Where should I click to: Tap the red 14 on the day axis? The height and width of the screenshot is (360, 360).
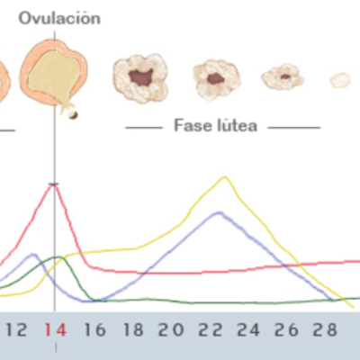click(56, 329)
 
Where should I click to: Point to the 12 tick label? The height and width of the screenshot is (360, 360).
click(16, 329)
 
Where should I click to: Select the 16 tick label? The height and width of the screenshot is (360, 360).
click(94, 329)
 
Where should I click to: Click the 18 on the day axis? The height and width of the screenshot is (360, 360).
click(133, 329)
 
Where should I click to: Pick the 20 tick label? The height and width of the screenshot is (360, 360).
click(172, 329)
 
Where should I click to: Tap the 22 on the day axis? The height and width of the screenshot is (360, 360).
click(211, 329)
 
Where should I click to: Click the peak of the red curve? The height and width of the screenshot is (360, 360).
click(55, 184)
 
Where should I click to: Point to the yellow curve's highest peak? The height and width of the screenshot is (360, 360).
click(224, 177)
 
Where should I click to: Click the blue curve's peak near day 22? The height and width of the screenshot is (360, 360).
click(218, 213)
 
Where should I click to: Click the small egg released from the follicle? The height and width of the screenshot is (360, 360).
click(73, 114)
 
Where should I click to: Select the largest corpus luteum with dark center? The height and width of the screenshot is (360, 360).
click(140, 78)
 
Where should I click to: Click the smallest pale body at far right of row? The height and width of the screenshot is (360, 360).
click(339, 80)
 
